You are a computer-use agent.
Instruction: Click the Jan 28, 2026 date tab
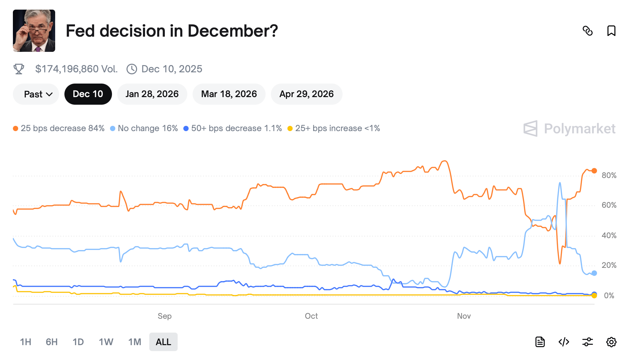click(152, 94)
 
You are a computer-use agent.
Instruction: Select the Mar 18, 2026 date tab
click(229, 94)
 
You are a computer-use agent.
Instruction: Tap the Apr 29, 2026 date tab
click(307, 94)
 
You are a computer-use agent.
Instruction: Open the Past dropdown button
click(36, 94)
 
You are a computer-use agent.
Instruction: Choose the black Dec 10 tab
click(88, 94)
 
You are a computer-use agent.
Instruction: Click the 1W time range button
click(106, 342)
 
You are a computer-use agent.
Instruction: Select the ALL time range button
click(163, 342)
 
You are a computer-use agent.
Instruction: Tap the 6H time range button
click(52, 342)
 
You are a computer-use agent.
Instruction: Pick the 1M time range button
click(135, 342)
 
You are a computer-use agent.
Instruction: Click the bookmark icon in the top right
click(611, 31)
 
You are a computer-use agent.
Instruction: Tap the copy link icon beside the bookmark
click(588, 31)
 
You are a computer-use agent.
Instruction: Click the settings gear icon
click(611, 342)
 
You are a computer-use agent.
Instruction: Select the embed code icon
click(564, 342)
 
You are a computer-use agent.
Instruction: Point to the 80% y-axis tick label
click(609, 175)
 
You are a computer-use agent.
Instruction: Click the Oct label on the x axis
click(311, 316)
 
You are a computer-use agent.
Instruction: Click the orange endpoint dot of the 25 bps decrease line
click(594, 171)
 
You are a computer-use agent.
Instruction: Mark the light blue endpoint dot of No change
click(594, 273)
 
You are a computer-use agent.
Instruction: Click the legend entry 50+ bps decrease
click(233, 128)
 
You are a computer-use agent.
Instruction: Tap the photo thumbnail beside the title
click(34, 31)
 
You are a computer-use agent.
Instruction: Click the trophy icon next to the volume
click(19, 69)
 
